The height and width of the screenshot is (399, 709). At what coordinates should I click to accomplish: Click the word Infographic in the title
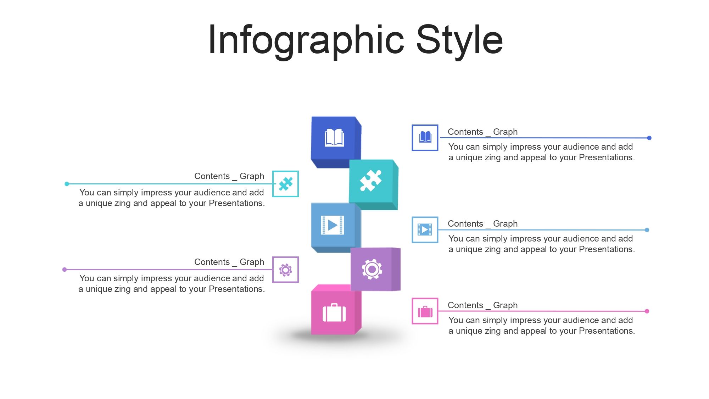tap(306, 40)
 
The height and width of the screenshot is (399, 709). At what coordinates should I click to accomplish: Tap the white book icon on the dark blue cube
tap(334, 138)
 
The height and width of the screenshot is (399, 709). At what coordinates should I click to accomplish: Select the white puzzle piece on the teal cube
tap(371, 181)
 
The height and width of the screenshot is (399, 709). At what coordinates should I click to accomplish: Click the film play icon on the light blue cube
tap(332, 225)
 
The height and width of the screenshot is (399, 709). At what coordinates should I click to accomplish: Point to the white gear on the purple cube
tap(372, 270)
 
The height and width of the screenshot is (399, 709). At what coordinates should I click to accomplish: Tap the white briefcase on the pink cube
tap(334, 313)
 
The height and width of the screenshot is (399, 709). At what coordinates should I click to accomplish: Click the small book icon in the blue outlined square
tap(425, 137)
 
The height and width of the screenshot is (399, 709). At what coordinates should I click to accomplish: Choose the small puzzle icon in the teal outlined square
tap(285, 184)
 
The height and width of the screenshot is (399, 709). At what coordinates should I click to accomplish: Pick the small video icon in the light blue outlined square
tap(425, 229)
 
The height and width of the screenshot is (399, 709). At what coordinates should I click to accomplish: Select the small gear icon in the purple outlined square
tap(285, 270)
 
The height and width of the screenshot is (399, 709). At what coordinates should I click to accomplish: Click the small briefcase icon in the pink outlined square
tap(425, 311)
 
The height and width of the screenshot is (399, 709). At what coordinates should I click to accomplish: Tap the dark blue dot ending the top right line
tap(649, 138)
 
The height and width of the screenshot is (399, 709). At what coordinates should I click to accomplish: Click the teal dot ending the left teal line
tap(67, 184)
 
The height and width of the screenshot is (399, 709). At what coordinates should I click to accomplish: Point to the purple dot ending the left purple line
tap(65, 270)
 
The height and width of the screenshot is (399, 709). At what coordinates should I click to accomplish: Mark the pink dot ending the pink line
tap(647, 311)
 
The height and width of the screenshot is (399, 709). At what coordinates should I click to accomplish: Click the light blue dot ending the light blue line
tap(647, 230)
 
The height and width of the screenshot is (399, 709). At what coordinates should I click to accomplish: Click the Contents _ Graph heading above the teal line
tap(229, 176)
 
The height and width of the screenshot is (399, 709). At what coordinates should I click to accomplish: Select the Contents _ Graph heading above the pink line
tap(482, 305)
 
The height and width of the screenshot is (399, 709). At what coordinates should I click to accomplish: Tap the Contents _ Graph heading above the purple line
tap(229, 262)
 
